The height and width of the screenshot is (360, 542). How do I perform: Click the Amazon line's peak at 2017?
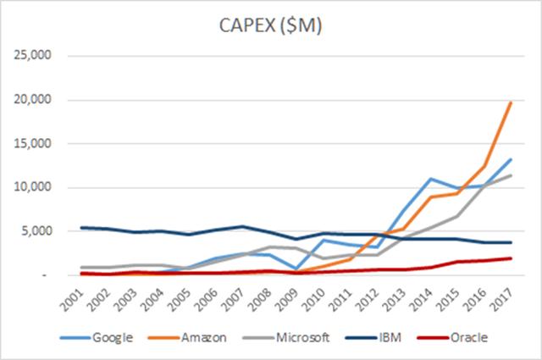511,102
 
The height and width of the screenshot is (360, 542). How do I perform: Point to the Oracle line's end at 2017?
511,258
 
